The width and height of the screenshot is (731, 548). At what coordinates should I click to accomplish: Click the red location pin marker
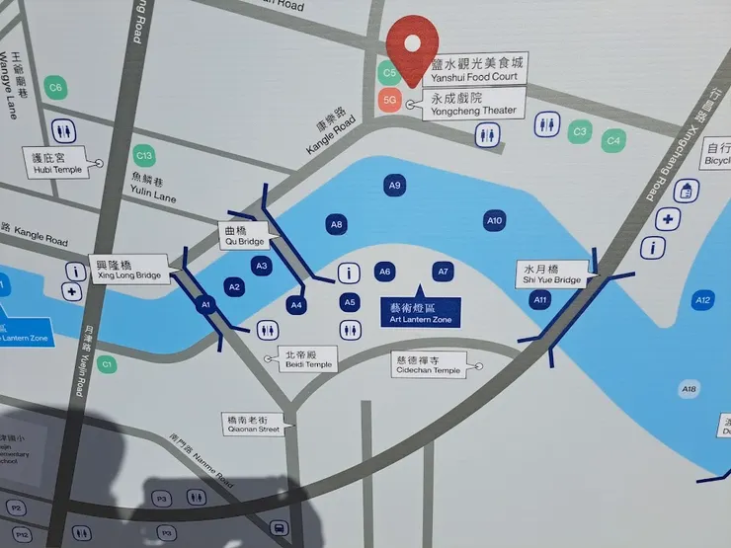412,42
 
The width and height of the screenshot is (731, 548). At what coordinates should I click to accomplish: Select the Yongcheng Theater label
472,105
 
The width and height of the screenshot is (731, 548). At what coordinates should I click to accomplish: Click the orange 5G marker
389,100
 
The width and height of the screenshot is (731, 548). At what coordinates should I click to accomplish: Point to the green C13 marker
144,156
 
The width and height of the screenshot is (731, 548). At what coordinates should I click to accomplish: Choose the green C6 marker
55,88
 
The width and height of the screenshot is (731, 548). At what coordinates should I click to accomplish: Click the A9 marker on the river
395,185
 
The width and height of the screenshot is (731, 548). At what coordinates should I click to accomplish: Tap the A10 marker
494,220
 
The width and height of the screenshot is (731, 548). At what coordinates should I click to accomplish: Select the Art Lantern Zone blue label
420,312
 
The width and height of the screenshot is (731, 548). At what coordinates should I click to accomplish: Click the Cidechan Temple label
427,364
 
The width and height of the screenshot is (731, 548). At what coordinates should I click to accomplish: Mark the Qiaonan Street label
253,424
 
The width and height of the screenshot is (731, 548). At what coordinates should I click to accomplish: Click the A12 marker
702,300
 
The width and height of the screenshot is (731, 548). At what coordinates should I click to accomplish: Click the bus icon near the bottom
279,527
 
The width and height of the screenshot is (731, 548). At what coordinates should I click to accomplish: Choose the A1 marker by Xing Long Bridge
207,305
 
